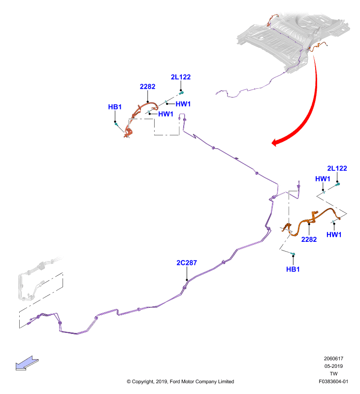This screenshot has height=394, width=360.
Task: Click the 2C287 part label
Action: tap(187, 263)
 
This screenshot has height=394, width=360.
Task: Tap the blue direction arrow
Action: tap(27, 363)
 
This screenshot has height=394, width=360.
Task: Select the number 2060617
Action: tap(333, 359)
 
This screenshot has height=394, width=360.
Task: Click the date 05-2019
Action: tap(333, 366)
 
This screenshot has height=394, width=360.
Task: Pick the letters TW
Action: tap(333, 374)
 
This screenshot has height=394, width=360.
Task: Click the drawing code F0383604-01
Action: tap(333, 381)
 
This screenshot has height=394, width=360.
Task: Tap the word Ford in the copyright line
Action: tap(175, 381)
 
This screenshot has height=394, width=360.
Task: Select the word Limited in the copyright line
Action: tap(226, 381)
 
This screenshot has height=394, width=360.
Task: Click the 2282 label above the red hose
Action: tap(147, 87)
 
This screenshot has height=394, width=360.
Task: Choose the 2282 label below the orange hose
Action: tap(309, 239)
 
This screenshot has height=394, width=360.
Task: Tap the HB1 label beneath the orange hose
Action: tap(293, 269)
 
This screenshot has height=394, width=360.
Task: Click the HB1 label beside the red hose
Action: tap(115, 107)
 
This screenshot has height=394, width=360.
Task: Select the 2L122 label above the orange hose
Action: tap(337, 168)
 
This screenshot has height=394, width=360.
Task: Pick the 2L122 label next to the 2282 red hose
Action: tap(181, 77)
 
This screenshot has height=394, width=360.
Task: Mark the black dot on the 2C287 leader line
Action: tap(187, 280)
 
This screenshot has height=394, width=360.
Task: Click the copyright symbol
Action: tap(129, 381)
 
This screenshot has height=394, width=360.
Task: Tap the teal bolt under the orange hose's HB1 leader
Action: tap(293, 254)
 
